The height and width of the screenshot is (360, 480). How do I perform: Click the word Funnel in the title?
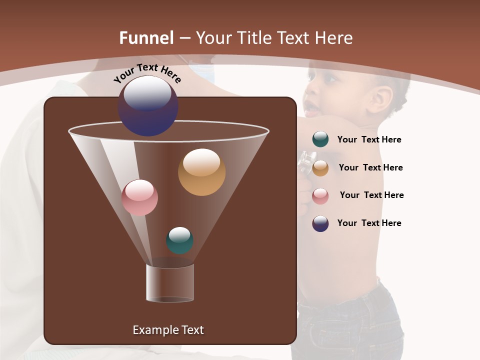[x=146, y=38]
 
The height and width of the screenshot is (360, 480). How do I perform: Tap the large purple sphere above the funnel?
[x=148, y=106]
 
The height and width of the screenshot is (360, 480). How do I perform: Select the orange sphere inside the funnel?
[x=201, y=172]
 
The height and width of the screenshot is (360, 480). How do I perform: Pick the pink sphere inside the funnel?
[x=139, y=197]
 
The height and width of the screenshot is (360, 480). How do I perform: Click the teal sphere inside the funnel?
[x=179, y=240]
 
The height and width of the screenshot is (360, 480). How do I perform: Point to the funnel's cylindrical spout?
[x=170, y=283]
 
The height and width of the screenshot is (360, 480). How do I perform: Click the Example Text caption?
[x=168, y=330]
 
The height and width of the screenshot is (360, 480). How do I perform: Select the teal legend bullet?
[x=320, y=139]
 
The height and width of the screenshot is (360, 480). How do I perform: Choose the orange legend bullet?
[x=320, y=168]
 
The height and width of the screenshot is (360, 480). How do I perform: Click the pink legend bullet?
[x=320, y=196]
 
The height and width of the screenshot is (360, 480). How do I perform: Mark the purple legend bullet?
[x=320, y=223]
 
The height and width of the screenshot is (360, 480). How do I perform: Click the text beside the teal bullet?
[x=369, y=140]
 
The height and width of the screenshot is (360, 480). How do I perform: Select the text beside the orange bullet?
[x=370, y=168]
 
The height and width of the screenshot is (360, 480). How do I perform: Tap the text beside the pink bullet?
[x=371, y=195]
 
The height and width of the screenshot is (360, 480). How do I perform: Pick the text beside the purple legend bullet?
[x=369, y=223]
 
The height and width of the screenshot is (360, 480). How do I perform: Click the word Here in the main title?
[x=332, y=38]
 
